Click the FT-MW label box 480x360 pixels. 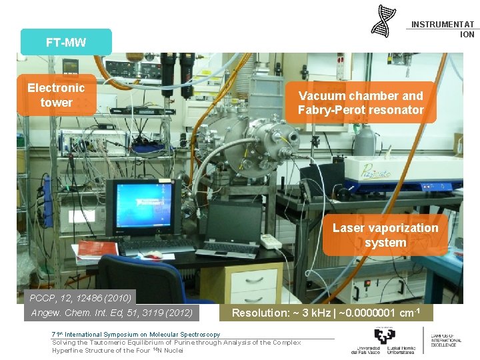[x=66, y=42]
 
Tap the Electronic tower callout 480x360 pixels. [x=56, y=95]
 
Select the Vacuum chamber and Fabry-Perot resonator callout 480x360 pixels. [x=361, y=103]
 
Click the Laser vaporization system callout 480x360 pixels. [x=385, y=235]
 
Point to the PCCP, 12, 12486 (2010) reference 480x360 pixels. [x=80, y=297]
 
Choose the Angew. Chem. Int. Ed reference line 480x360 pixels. [x=111, y=312]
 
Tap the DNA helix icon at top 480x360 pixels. [x=383, y=21]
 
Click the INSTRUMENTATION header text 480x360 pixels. [x=443, y=29]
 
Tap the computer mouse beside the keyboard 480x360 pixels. [x=153, y=255]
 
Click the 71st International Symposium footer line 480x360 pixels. [x=136, y=335]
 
